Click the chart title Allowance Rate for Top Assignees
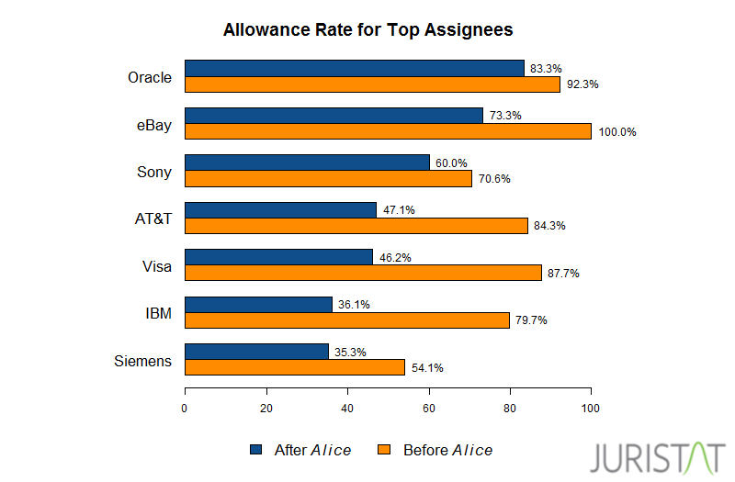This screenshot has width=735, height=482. (x=367, y=30)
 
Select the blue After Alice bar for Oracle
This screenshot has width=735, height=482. (x=354, y=69)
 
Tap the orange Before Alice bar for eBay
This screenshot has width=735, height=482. (x=388, y=131)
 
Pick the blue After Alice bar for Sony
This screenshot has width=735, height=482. (x=307, y=163)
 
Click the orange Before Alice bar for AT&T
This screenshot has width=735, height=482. (x=356, y=226)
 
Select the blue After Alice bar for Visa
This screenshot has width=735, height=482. (x=278, y=257)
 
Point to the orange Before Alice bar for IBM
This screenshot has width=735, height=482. (x=346, y=320)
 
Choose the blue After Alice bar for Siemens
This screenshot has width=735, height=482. (x=256, y=352)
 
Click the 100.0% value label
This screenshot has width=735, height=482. (x=616, y=132)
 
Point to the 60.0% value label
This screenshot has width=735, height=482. (x=451, y=163)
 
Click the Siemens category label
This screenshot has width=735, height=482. (x=142, y=361)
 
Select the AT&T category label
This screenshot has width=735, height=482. (x=152, y=219)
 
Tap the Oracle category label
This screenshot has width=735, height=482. (x=150, y=77)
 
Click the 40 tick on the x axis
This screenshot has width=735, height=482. (x=347, y=409)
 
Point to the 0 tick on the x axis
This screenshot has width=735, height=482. (x=185, y=409)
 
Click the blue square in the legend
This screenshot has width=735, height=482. (x=255, y=450)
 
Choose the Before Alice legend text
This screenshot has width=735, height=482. (x=447, y=450)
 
